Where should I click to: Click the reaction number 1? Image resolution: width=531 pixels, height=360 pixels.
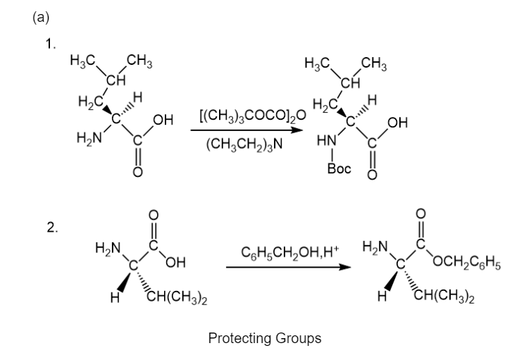49,44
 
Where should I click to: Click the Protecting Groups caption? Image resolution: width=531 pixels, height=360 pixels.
265,338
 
